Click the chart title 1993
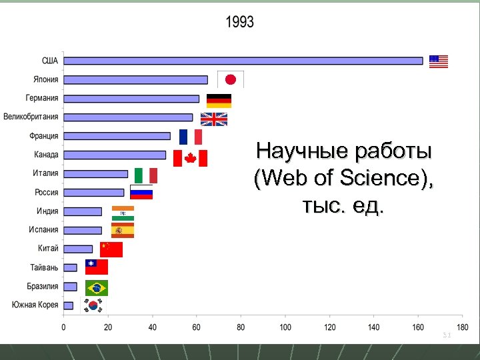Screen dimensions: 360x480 pyautogui.click(x=239, y=22)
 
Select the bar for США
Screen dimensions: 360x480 pyautogui.click(x=243, y=61)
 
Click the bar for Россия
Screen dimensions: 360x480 pyautogui.click(x=94, y=193)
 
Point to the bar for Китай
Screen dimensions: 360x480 pyautogui.click(x=78, y=249)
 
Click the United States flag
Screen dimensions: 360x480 pyautogui.click(x=439, y=61)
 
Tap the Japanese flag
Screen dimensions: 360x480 pyautogui.click(x=231, y=79)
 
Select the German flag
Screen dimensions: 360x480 pyautogui.click(x=219, y=101)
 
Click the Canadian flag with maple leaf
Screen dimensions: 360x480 pyautogui.click(x=190, y=158)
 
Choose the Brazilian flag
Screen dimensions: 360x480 pyautogui.click(x=97, y=288)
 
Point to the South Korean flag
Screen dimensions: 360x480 pyautogui.click(x=93, y=305)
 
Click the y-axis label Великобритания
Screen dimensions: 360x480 pyautogui.click(x=31, y=117)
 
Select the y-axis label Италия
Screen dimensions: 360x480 pyautogui.click(x=45, y=173)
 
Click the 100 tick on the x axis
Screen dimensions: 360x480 pyautogui.click(x=285, y=327)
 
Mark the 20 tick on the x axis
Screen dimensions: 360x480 pyautogui.click(x=107, y=327)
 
